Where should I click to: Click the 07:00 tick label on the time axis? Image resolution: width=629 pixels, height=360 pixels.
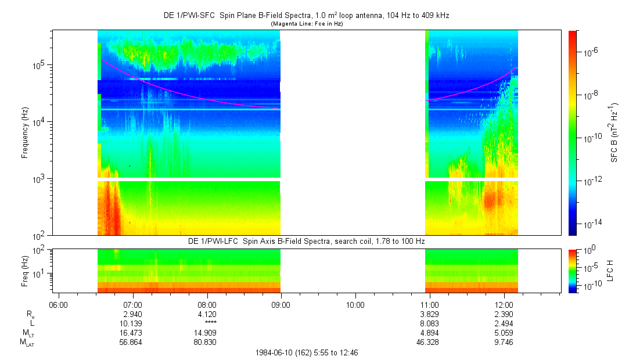(133, 304)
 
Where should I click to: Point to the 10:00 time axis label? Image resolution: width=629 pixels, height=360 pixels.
(355, 304)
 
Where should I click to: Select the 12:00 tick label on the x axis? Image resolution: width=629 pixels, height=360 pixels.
(504, 304)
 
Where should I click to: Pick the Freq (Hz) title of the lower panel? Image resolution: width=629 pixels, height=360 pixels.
(25, 270)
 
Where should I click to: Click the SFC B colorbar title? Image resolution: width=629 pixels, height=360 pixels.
(614, 132)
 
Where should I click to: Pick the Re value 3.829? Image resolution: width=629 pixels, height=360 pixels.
(429, 314)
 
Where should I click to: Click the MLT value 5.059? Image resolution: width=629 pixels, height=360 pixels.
(504, 333)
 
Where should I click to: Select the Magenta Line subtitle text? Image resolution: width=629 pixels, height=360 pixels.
(307, 23)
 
